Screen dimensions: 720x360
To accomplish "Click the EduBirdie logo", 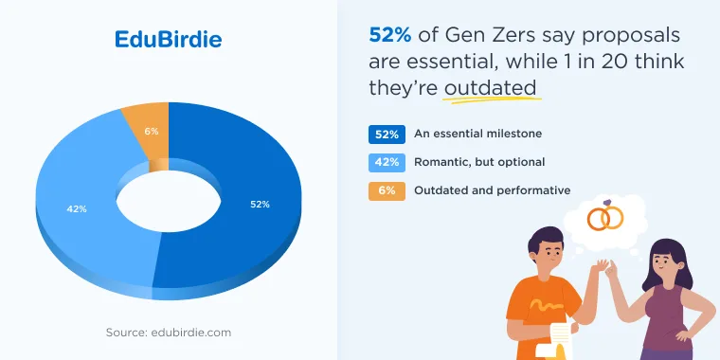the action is click(168, 40).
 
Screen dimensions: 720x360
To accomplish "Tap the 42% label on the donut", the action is click(77, 209).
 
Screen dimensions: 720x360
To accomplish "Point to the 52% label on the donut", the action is click(260, 205).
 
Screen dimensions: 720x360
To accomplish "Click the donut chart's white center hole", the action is click(169, 201).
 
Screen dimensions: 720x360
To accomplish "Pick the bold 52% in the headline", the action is click(390, 35).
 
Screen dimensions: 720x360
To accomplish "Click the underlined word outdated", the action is click(491, 88).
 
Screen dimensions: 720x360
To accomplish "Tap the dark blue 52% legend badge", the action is click(387, 135).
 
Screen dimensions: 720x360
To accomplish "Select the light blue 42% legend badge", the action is click(387, 163).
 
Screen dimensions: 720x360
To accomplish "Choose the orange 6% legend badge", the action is click(387, 191).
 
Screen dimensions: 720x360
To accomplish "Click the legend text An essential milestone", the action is click(478, 134).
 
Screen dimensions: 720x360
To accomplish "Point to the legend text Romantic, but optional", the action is click(479, 162).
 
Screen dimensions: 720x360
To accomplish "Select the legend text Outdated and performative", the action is click(493, 190).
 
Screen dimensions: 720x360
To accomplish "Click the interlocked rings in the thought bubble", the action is click(605, 216).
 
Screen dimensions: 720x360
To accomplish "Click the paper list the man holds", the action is click(561, 341).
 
